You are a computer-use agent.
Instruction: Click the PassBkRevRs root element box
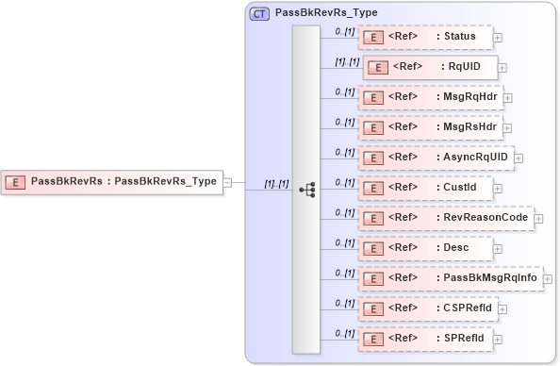[x=111, y=182]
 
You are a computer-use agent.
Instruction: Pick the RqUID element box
[x=430, y=67]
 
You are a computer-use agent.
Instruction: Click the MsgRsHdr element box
[x=430, y=126]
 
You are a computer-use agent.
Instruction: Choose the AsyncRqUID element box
[x=436, y=157]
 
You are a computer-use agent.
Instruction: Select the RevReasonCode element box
[x=445, y=217]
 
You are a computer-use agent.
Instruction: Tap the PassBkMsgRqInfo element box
[x=450, y=277]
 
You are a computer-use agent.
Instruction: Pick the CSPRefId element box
[x=428, y=308]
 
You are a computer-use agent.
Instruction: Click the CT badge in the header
[x=257, y=14]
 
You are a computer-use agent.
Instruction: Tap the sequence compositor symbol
[x=306, y=189]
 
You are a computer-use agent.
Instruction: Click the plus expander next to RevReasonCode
[x=539, y=218]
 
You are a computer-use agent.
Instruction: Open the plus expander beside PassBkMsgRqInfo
[x=549, y=278]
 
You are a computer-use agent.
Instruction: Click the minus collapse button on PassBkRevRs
[x=227, y=182]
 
